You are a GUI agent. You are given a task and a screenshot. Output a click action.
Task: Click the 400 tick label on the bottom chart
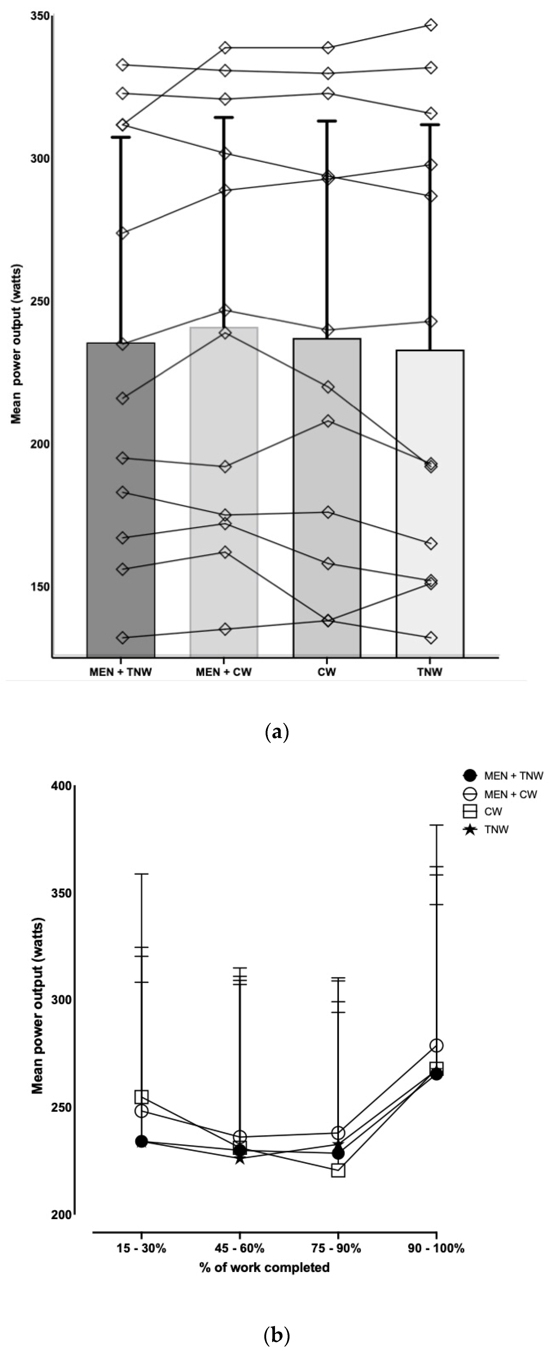tap(62, 786)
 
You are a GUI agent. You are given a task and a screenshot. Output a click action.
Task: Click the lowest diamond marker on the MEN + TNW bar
tap(122, 637)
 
